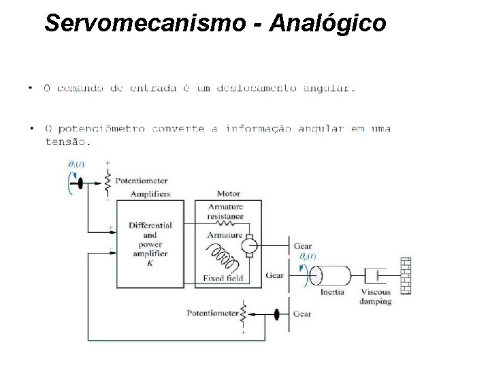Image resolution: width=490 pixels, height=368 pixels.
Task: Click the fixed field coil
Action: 226,259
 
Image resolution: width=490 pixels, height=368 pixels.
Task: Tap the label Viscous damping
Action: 376,296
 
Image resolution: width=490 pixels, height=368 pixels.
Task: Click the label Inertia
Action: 333,292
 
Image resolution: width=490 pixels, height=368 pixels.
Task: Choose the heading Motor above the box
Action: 228,194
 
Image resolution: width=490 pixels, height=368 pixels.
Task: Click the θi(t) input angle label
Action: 76,164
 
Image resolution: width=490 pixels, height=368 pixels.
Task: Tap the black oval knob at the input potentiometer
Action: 80,183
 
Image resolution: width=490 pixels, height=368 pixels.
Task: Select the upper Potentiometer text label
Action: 142,181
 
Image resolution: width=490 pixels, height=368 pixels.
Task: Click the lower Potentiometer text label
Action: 212,314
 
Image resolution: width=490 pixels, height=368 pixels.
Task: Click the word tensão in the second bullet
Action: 65,142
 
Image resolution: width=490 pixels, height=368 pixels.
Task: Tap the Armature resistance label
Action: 225,211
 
